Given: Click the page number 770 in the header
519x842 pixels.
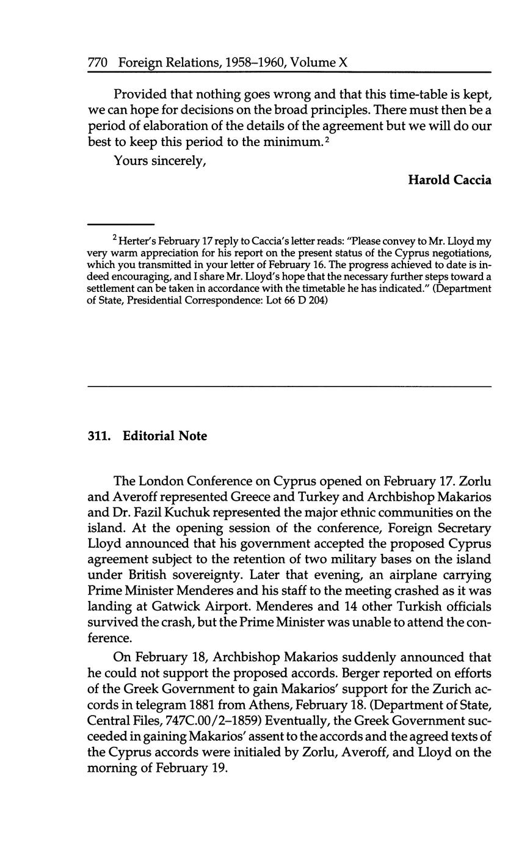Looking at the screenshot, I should (x=98, y=62).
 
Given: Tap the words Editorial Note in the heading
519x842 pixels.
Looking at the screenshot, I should (x=165, y=436).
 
